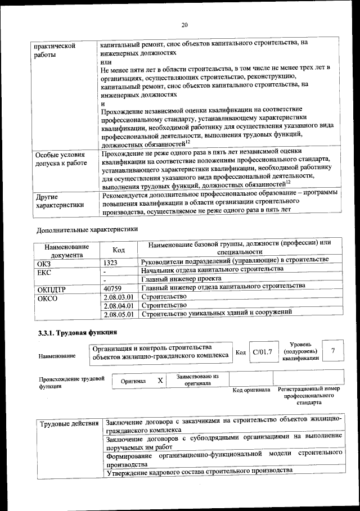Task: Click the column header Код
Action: [118, 250]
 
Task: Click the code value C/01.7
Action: [263, 352]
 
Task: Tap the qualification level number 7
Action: [334, 351]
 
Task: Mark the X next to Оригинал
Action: [160, 381]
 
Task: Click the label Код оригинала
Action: [251, 390]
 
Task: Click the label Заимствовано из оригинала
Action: [197, 379]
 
